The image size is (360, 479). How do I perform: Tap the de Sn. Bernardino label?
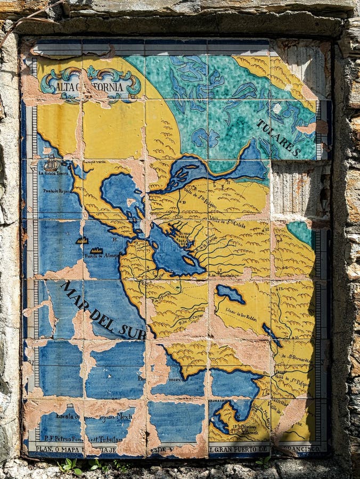(292, 358)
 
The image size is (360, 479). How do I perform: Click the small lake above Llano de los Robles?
(230, 293)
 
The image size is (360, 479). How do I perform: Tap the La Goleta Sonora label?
(55, 174)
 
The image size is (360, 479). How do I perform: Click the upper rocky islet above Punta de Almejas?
(81, 241)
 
